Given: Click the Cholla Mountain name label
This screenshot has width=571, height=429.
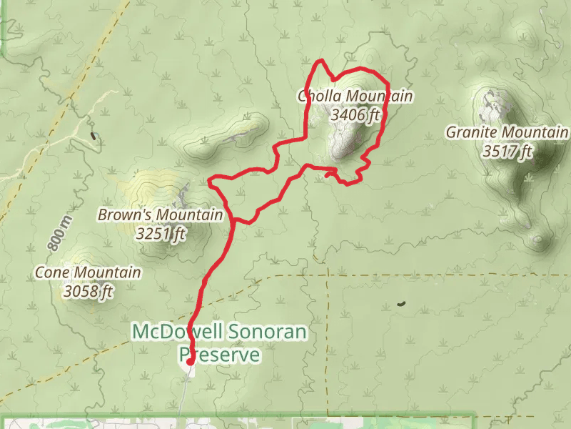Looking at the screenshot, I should [355, 97].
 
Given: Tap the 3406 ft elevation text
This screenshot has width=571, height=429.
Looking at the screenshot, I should [355, 114].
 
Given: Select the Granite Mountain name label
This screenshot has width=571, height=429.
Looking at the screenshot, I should [507, 132].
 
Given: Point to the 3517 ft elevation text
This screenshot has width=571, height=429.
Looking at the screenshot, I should [507, 151].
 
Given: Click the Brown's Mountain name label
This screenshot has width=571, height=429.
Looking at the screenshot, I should [161, 214].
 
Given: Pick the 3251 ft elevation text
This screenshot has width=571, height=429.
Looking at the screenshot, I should [161, 233].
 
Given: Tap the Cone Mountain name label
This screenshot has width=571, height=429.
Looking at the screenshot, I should [88, 272].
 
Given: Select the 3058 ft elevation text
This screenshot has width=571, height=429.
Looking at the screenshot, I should [89, 291].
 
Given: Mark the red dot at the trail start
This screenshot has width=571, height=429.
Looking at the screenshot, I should [190, 362].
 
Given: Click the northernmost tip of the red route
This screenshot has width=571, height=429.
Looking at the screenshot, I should [323, 60].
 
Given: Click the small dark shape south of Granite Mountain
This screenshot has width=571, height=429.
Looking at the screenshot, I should [401, 304].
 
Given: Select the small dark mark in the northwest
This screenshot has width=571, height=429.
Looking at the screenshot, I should [93, 134].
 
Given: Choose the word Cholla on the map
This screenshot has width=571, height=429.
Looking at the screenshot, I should [318, 97].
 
